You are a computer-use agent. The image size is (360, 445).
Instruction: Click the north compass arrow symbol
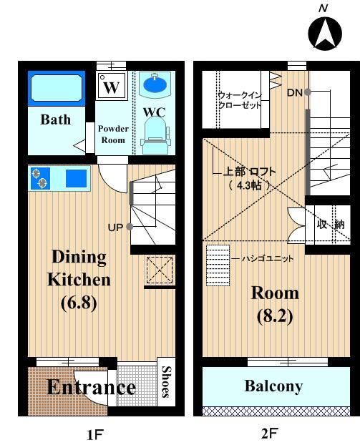[x=325, y=34]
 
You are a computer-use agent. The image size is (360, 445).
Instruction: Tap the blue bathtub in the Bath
[x=57, y=88]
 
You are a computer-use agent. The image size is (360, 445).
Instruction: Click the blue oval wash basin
[x=155, y=83]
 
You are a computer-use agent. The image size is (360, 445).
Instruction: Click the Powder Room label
[x=113, y=135]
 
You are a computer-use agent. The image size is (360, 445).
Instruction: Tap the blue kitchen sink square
[x=76, y=178]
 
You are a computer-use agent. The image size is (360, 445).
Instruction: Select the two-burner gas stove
[x=40, y=178]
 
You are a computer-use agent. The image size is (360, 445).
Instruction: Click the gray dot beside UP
[x=130, y=227]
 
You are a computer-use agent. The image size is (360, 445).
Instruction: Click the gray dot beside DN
[x=307, y=92]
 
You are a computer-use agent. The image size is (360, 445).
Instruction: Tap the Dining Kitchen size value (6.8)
[x=79, y=303]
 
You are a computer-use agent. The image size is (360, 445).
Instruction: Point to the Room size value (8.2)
[x=275, y=316]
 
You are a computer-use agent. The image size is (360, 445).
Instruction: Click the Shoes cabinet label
[x=166, y=382]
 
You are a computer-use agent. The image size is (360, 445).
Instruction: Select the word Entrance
[x=92, y=387]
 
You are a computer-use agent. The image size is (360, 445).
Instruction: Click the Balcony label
[x=273, y=386]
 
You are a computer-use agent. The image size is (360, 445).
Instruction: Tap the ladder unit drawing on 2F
[x=218, y=265]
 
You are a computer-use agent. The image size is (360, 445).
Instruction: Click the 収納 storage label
[x=331, y=224]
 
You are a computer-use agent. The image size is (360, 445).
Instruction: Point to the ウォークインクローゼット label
[x=239, y=100]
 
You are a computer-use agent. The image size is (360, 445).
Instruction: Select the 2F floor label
[x=269, y=434]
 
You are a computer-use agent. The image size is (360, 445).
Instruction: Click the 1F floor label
[x=94, y=434]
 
